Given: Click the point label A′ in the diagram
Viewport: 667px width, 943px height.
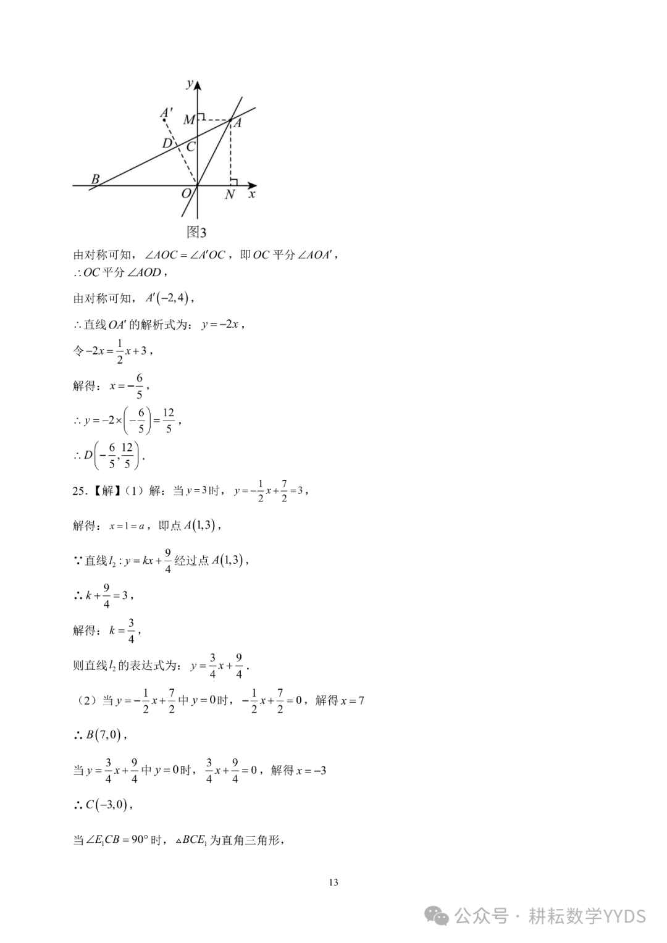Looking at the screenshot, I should tap(166, 114).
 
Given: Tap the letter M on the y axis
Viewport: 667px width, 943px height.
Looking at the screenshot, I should tap(189, 119).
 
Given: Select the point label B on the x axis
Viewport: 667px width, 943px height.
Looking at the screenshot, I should tap(96, 179).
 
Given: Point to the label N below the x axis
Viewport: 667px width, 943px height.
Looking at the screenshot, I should tap(230, 195).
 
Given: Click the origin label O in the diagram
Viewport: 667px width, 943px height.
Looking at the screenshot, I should tap(187, 194).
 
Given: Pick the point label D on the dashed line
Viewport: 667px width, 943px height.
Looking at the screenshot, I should tap(167, 144).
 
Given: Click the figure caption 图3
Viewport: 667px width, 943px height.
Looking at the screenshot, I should tap(196, 232).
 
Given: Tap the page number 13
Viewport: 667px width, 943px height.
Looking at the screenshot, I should tap(333, 882).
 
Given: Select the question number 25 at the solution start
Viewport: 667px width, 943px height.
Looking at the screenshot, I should tap(78, 491).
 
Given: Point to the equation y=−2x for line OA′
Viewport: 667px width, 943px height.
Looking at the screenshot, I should tap(220, 324).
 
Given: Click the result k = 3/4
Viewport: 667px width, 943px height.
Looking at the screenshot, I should tap(124, 631).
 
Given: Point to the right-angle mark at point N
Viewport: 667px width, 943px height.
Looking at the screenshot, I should tap(233, 181).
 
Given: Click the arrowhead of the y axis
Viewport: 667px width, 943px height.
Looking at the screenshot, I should tap(197, 85).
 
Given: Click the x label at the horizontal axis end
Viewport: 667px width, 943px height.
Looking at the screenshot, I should tap(252, 194).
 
